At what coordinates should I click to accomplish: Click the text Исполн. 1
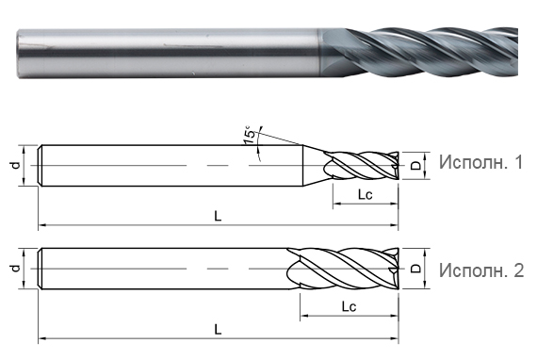[x=480, y=163]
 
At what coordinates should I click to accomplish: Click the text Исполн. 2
[x=480, y=270]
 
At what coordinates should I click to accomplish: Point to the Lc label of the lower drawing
[x=348, y=307]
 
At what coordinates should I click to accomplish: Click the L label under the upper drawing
[x=218, y=216]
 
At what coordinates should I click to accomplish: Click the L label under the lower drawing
[x=218, y=329]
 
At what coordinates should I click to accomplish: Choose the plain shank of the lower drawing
[x=160, y=270]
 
